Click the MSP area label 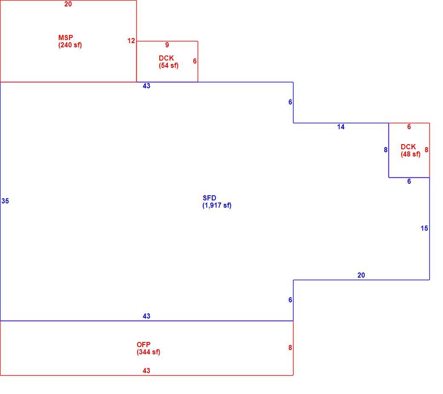point(66,38)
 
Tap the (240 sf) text point(70,45)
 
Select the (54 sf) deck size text point(169,66)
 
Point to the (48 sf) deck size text point(411,154)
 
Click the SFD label point(209,198)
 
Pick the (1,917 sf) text point(217,206)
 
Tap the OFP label point(144,345)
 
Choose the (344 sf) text point(148,352)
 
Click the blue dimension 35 point(5,201)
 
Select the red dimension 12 point(131,41)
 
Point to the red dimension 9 point(167,45)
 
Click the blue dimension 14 point(341,127)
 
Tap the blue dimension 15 point(424,229)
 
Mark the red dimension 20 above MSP point(68,4)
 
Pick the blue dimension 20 point(361,275)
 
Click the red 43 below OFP point(147,371)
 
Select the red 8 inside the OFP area point(290,348)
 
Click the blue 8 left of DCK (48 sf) point(385,150)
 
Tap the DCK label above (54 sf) point(166,58)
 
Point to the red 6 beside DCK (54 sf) point(195,61)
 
